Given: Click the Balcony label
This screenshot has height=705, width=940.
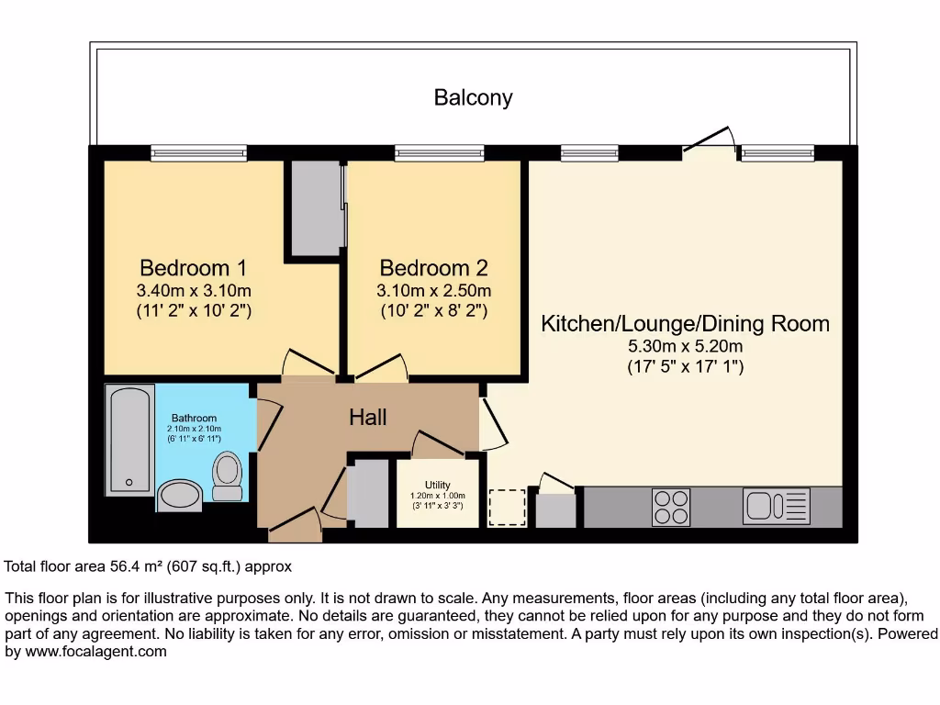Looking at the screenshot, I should [473, 97].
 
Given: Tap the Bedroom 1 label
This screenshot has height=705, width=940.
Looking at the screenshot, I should [193, 268].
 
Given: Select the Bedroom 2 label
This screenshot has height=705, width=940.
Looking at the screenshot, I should [433, 268].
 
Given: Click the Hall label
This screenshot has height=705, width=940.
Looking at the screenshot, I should [367, 418].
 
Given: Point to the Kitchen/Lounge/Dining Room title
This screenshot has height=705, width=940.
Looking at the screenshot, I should [685, 323].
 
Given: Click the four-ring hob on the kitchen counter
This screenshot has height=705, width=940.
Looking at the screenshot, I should [671, 508].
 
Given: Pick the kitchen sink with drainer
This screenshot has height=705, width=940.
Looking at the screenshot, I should [777, 507].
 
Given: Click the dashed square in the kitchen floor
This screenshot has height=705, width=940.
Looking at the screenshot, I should [507, 508].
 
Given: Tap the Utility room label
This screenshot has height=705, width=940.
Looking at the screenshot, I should [437, 485].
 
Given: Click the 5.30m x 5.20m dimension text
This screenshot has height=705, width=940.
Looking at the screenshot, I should [685, 347].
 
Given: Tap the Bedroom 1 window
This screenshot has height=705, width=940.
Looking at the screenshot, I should [198, 153].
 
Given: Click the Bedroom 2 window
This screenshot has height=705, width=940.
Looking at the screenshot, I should [439, 153].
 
